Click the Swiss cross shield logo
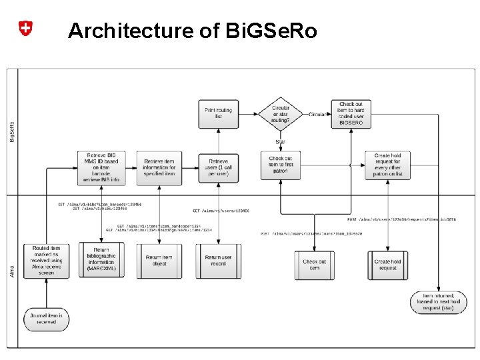click(x=25, y=29)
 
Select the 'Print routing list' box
click(x=218, y=114)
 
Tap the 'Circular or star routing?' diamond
click(x=280, y=114)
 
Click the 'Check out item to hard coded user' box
click(x=351, y=114)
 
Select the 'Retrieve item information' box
click(x=159, y=165)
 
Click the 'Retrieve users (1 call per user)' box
click(x=218, y=165)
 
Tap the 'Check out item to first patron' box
click(x=280, y=165)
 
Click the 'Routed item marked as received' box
click(x=46, y=261)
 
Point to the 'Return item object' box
click(x=159, y=261)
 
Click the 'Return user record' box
click(x=218, y=261)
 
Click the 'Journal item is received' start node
click(x=46, y=318)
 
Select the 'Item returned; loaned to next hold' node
click(x=433, y=302)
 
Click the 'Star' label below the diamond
click(x=280, y=142)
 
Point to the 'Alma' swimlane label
click(x=12, y=271)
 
